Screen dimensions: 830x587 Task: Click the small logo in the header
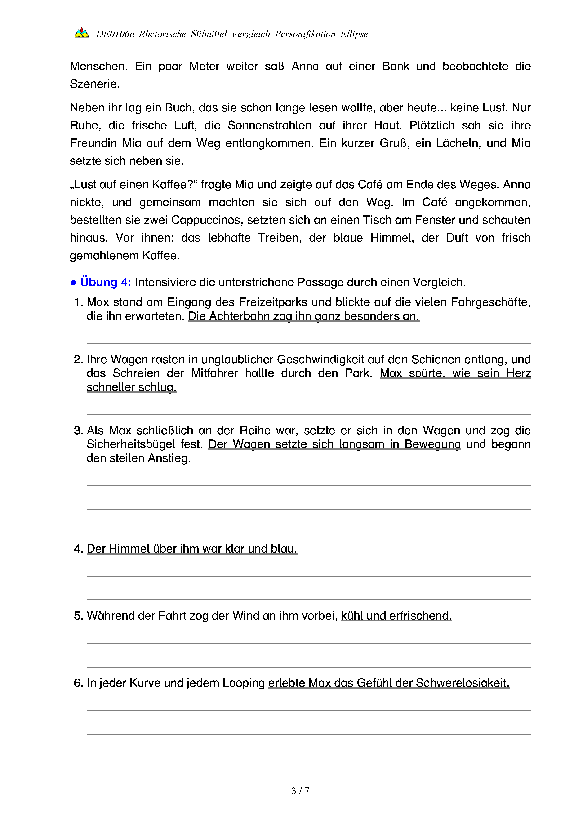82,33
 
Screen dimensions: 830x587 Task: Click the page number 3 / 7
300,791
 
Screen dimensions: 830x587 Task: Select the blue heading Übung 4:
106,282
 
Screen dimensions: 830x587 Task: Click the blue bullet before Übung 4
73,283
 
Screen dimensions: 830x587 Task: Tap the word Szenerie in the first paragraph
94,84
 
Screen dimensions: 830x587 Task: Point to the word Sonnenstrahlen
269,125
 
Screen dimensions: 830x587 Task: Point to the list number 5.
78,616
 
